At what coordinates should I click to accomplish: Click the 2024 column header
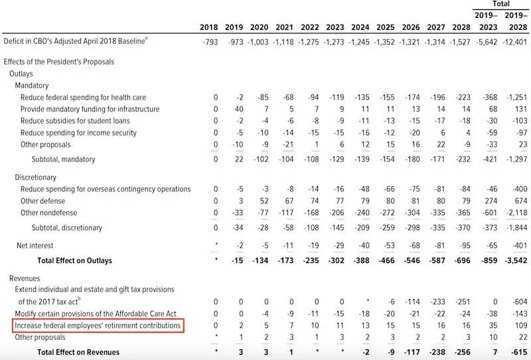pyautogui.click(x=361, y=27)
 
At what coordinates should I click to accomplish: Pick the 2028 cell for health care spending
pyautogui.click(x=461, y=97)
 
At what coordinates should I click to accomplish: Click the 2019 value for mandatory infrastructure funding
pyautogui.click(x=239, y=109)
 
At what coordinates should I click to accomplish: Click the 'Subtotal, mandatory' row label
pyautogui.click(x=63, y=159)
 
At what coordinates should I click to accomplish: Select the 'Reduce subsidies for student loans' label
pyautogui.click(x=75, y=121)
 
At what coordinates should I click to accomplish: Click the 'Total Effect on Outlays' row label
pyautogui.click(x=74, y=260)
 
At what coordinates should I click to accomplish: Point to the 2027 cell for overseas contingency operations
pyautogui.click(x=437, y=189)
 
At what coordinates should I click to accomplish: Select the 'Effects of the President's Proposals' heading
pyautogui.click(x=58, y=62)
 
